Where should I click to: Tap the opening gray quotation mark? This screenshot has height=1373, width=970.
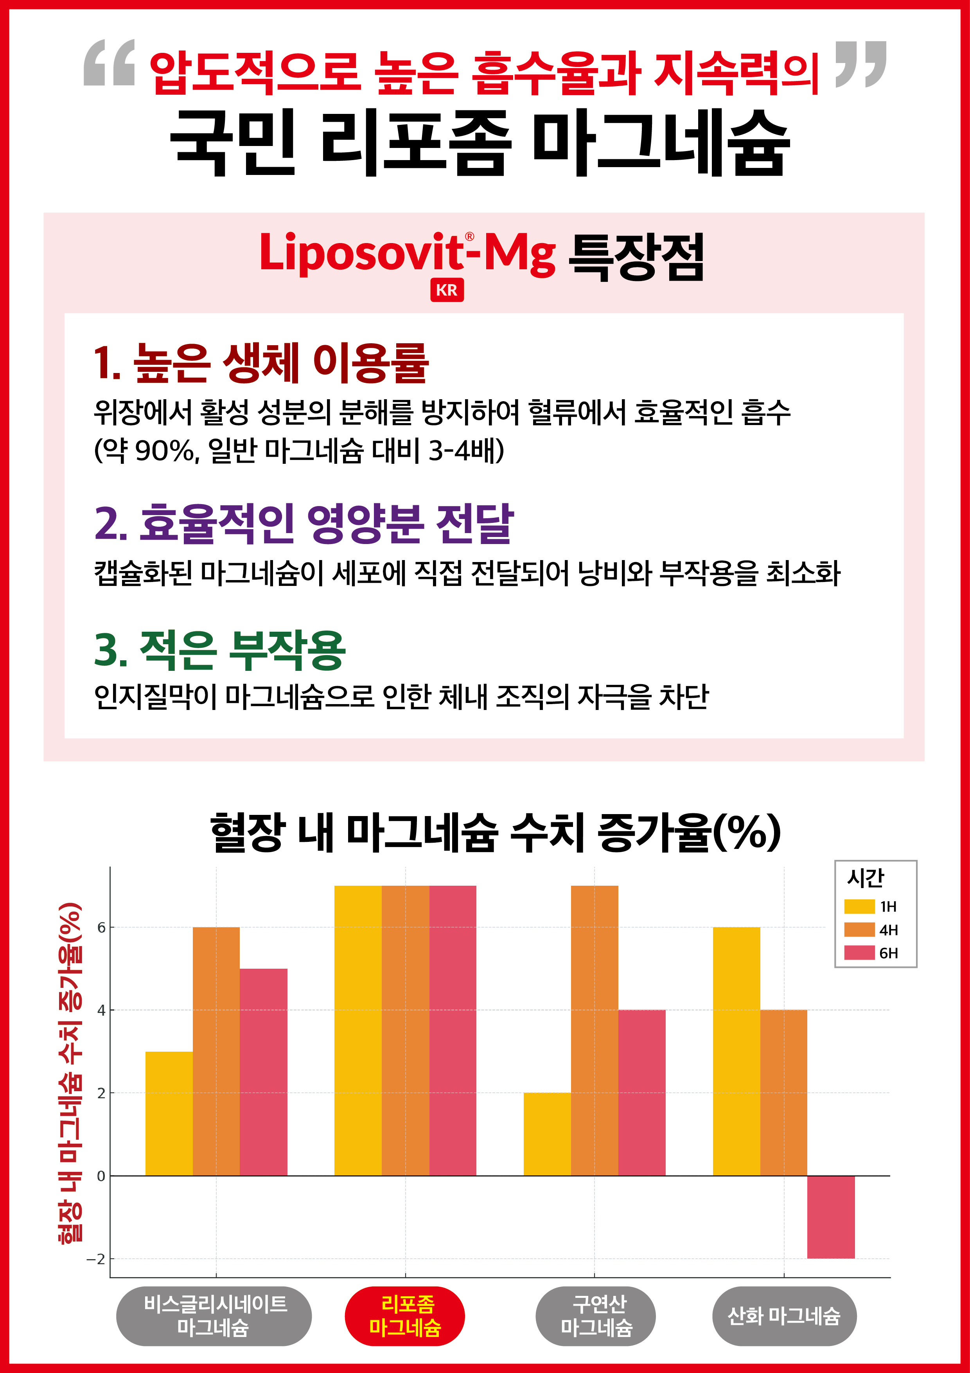coord(110,63)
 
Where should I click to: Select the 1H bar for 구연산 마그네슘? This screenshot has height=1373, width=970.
coord(547,1134)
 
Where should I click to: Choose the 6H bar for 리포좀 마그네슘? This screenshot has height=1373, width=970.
coord(453,1031)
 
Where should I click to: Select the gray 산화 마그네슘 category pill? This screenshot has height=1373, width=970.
coord(783,1316)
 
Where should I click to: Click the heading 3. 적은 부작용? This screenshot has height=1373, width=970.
coord(219,650)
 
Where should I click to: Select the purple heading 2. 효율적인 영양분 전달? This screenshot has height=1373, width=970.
coord(304,524)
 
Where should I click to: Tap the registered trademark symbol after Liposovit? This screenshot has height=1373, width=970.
coord(470,237)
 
